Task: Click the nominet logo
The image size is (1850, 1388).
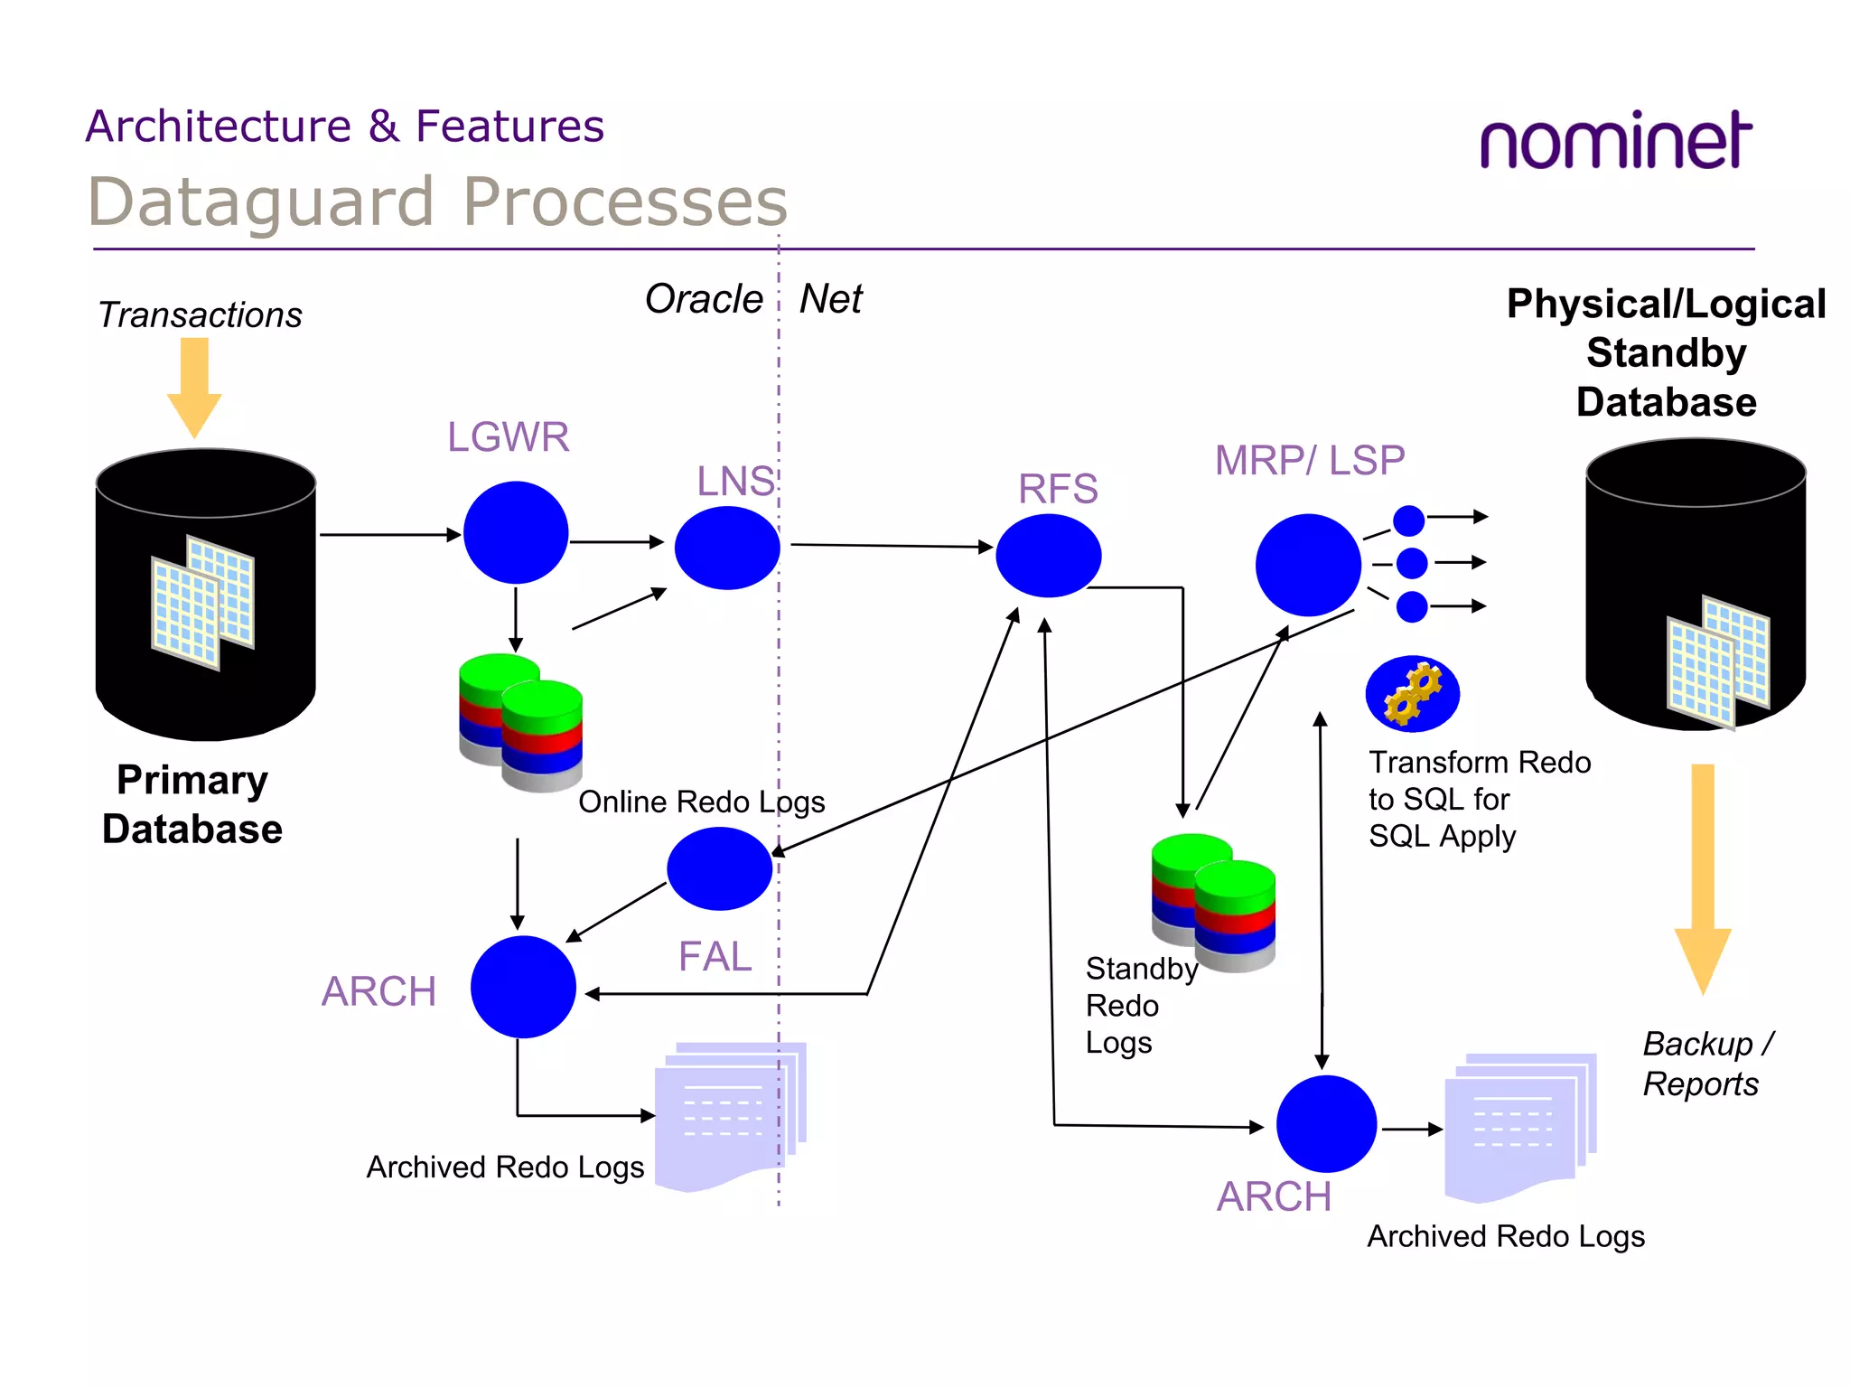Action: pyautogui.click(x=1615, y=141)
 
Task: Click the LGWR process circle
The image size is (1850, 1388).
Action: pyautogui.click(x=515, y=532)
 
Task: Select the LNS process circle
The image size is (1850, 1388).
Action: pyautogui.click(x=726, y=548)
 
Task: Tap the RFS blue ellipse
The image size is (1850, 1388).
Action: pyautogui.click(x=1048, y=556)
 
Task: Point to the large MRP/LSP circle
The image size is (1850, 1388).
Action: pyautogui.click(x=1307, y=565)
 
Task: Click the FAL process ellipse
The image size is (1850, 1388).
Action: pyautogui.click(x=719, y=868)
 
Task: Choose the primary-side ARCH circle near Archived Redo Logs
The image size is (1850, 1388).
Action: pyautogui.click(x=523, y=987)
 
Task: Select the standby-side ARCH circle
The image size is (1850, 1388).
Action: pyautogui.click(x=1325, y=1124)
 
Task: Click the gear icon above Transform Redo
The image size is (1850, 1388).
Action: pyautogui.click(x=1412, y=694)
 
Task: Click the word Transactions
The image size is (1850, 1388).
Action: pyautogui.click(x=200, y=315)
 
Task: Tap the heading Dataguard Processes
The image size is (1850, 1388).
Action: pyautogui.click(x=437, y=202)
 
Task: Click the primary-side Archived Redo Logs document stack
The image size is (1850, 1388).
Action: pyautogui.click(x=730, y=1115)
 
